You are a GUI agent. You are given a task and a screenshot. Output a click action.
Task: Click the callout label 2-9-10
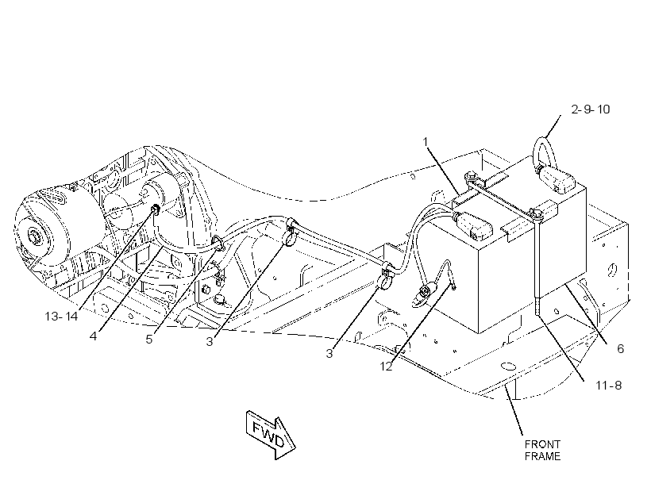click(x=590, y=109)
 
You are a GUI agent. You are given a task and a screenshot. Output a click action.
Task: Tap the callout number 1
click(x=426, y=142)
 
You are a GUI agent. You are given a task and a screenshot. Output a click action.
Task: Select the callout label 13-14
click(x=61, y=317)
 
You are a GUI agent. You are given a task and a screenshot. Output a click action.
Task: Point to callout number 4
click(x=93, y=336)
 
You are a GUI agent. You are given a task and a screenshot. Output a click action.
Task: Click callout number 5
click(x=149, y=339)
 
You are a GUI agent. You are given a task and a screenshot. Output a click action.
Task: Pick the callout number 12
click(x=386, y=367)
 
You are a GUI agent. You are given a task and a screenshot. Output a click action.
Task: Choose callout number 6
click(x=620, y=348)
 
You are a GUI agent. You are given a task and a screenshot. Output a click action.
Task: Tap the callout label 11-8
click(x=609, y=386)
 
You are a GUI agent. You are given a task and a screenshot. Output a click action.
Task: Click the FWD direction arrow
click(x=271, y=435)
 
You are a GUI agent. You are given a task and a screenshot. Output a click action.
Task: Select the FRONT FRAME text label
click(x=542, y=451)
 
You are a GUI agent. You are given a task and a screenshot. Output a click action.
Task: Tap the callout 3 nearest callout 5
click(x=210, y=342)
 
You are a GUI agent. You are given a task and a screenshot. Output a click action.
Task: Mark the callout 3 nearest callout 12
click(x=329, y=354)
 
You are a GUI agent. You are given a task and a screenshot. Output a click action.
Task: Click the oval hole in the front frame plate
click(x=508, y=367)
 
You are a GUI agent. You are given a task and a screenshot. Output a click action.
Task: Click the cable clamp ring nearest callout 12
click(x=386, y=279)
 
